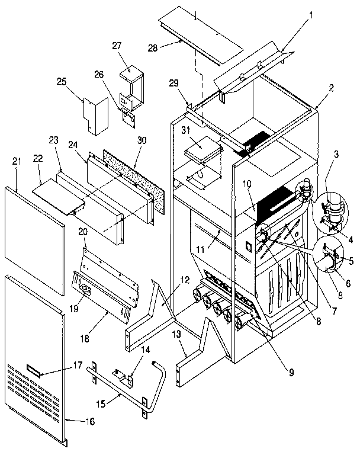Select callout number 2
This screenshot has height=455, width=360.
pyautogui.click(x=332, y=87)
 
